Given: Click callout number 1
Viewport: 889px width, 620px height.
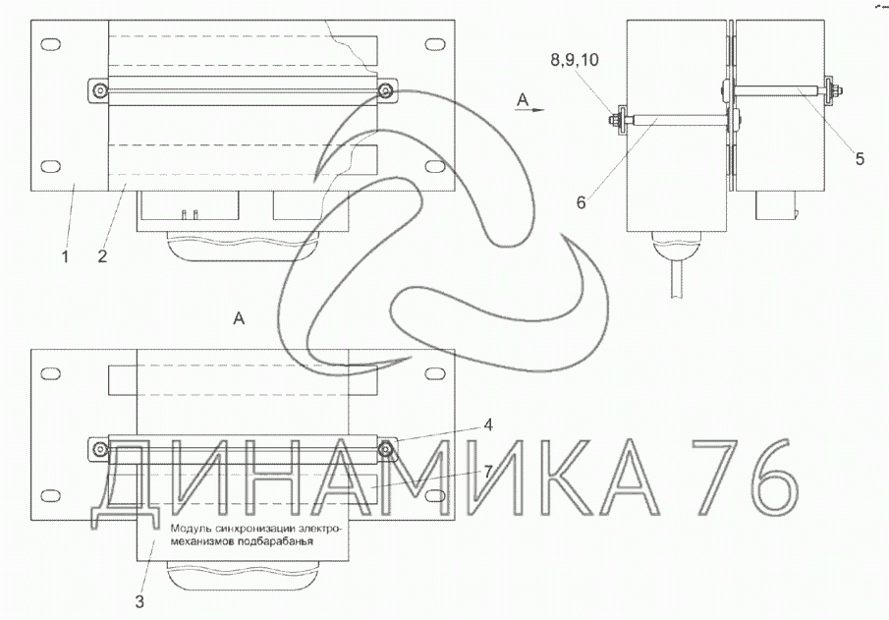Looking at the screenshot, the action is (65, 256).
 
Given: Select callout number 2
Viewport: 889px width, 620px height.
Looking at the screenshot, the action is (102, 256).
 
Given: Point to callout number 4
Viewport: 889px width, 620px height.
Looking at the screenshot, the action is (487, 424).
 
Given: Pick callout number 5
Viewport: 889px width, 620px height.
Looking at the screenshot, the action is (860, 159).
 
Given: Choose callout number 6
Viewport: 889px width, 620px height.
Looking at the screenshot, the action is (582, 202).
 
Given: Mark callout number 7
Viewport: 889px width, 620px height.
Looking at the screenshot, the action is (487, 472).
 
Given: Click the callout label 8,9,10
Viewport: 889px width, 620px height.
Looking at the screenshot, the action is (575, 60).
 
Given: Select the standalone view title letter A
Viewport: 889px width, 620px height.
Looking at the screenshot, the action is (239, 318).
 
